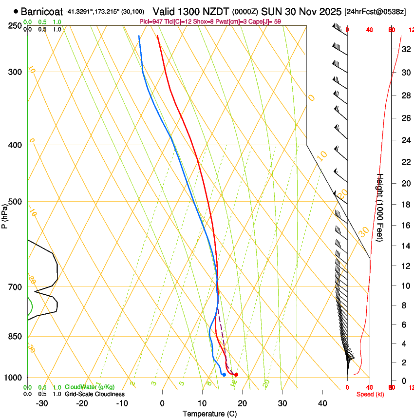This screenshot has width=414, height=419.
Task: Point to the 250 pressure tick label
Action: tap(15, 26)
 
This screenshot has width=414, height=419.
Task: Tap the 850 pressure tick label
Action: tap(15, 336)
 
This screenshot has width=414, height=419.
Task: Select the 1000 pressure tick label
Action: tap(13, 378)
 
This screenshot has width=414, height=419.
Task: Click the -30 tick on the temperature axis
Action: tap(42, 403)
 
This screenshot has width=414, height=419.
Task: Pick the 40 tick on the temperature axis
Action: tap(322, 403)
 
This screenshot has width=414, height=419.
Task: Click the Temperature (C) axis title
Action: tap(209, 414)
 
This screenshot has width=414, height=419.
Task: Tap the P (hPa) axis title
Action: tap(4, 215)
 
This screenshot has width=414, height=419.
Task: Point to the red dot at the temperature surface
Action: tap(236, 374)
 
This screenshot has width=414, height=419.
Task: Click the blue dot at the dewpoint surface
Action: tap(224, 374)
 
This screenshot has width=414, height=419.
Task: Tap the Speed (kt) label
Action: tap(370, 394)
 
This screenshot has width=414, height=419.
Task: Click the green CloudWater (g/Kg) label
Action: tap(90, 387)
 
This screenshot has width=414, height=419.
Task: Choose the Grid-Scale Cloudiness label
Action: tap(94, 394)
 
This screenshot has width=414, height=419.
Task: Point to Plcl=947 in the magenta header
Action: tap(150, 21)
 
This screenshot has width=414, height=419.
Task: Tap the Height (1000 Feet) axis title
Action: tap(380, 207)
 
